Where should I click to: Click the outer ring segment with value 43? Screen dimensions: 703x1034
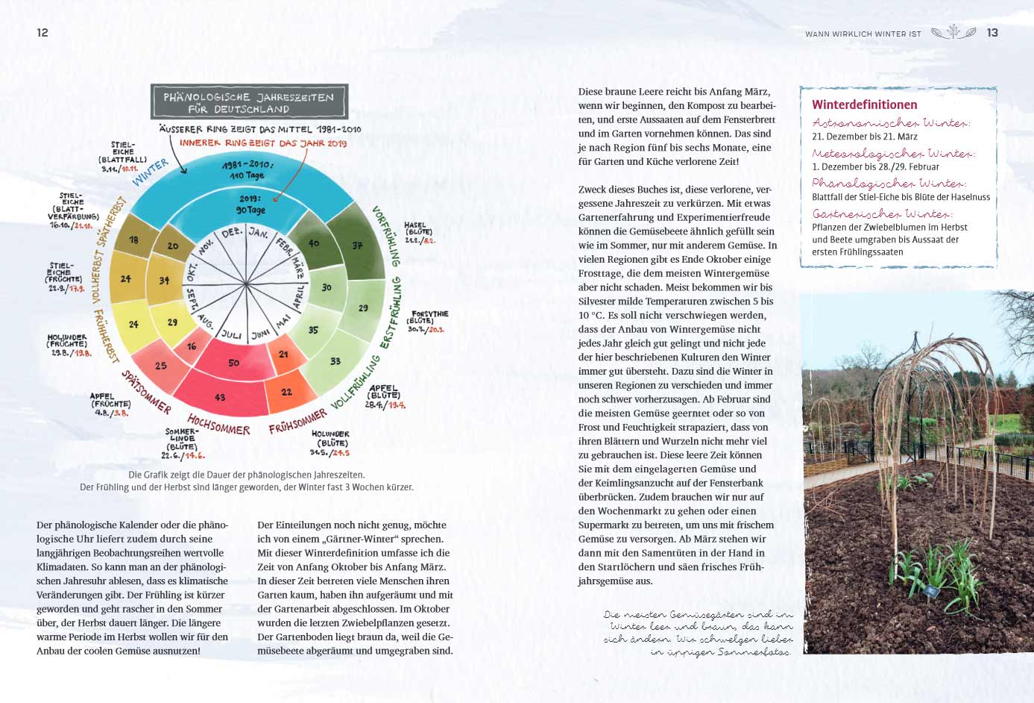(220, 396)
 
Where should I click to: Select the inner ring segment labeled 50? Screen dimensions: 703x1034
(234, 363)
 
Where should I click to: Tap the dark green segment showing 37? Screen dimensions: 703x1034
(358, 245)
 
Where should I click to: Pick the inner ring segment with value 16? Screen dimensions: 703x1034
(192, 346)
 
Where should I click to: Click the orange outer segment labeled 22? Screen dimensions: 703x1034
(287, 392)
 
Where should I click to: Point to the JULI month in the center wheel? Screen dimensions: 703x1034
(232, 334)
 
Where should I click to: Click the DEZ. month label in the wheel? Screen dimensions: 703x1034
(233, 233)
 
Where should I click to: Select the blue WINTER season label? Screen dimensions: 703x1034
(151, 172)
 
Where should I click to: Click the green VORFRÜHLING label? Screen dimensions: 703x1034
(387, 236)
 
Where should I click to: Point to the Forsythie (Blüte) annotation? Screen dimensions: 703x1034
(429, 321)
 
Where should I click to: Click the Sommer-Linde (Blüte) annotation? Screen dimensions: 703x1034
(183, 443)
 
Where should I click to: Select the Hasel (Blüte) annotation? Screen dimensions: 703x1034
(418, 232)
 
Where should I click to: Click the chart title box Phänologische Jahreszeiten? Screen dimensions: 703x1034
(249, 102)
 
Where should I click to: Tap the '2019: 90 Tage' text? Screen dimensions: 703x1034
(251, 204)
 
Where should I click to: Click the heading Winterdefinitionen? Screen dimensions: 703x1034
(864, 104)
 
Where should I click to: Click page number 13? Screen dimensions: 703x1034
(992, 33)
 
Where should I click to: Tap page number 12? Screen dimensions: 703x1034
(42, 33)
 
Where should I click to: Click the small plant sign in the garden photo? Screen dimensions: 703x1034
(931, 591)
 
